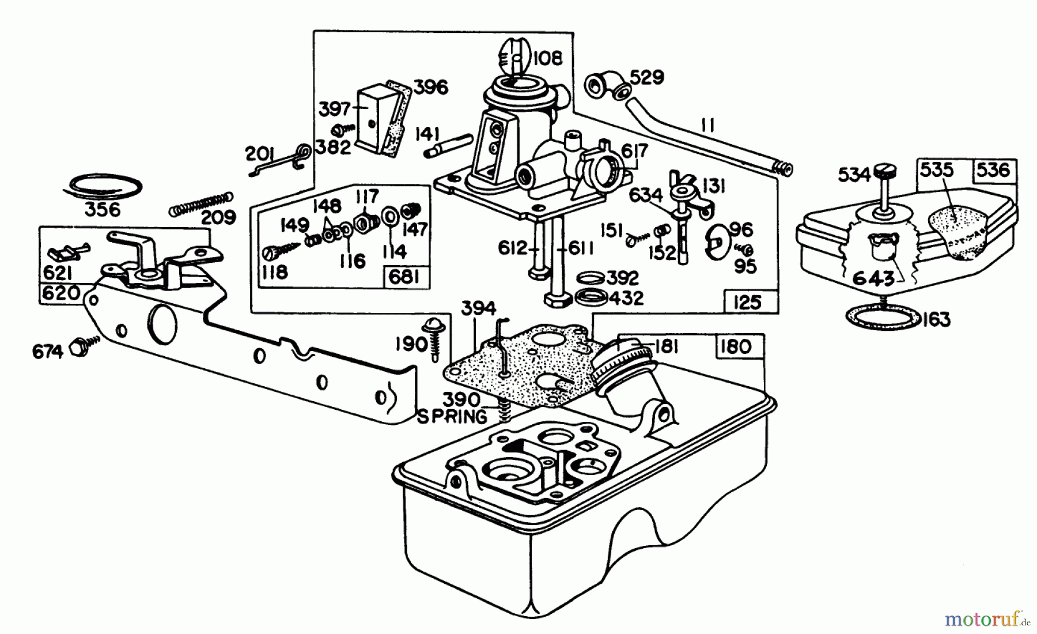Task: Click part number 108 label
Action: (x=547, y=58)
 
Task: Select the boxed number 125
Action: (x=748, y=302)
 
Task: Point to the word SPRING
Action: (x=452, y=416)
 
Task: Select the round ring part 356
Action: (x=103, y=186)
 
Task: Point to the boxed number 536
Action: (x=994, y=170)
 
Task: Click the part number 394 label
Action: (x=478, y=308)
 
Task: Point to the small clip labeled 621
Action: (x=66, y=251)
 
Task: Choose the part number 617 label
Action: (x=634, y=151)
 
